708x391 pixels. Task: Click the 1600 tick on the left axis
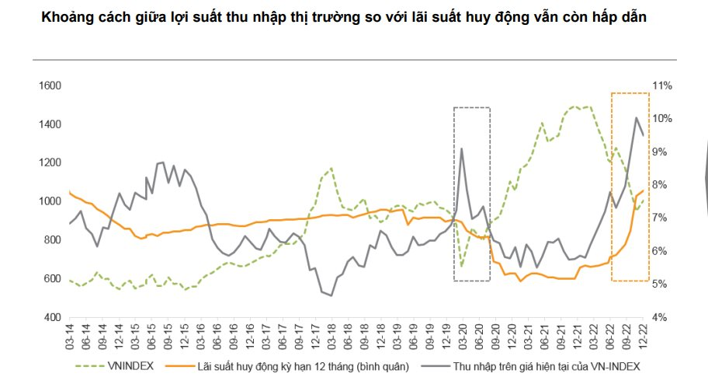[51, 86]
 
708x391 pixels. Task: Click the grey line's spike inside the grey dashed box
[462, 148]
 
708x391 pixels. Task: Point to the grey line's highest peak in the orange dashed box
[637, 118]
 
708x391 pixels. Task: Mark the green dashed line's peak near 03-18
[331, 167]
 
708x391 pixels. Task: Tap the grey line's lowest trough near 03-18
[331, 295]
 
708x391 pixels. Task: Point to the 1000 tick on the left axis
[51, 201]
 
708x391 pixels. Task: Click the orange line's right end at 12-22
[644, 190]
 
